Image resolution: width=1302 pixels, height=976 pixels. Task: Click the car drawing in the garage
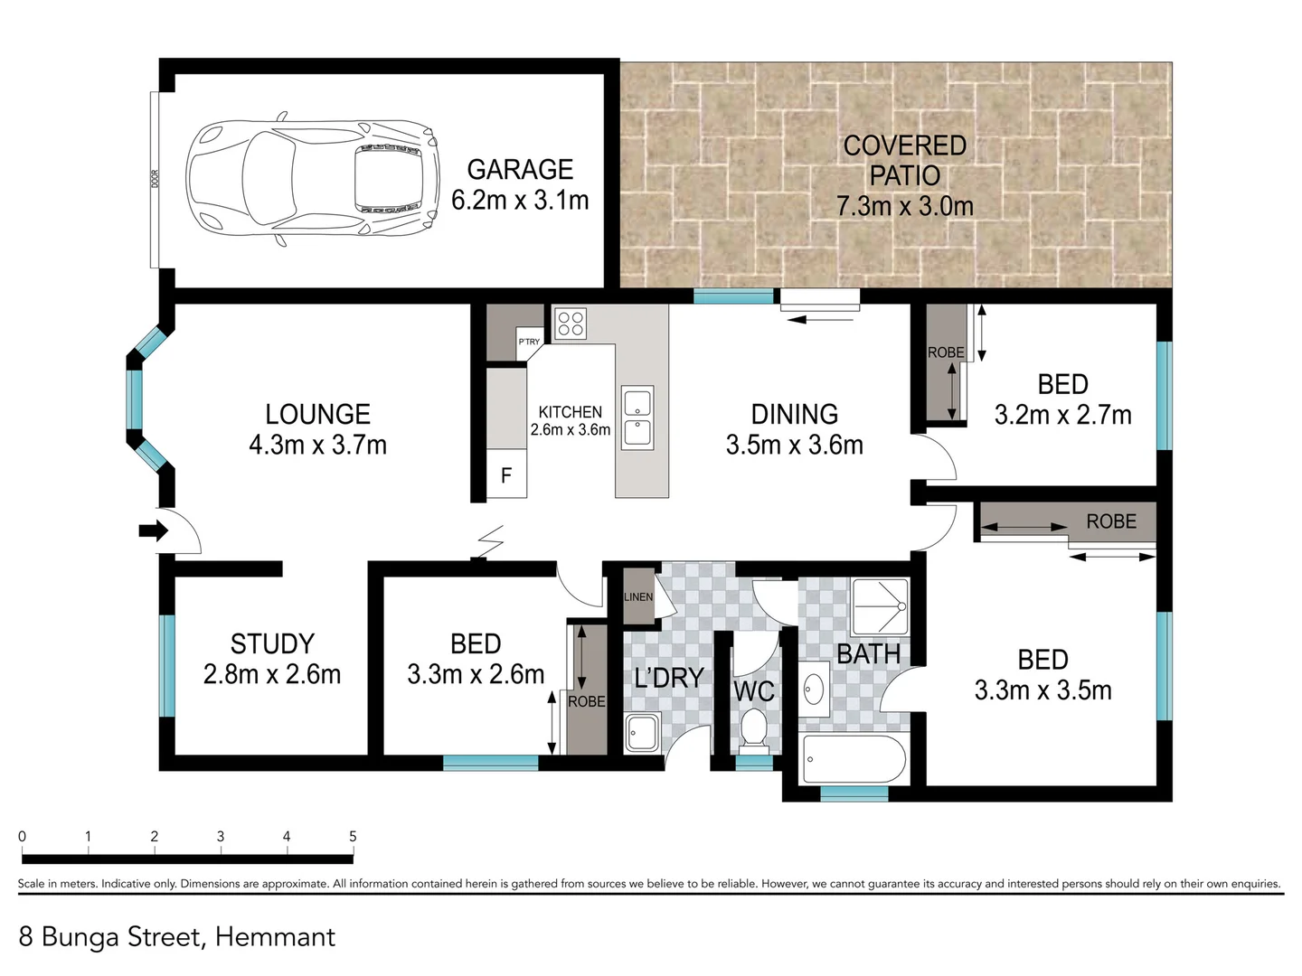tap(313, 180)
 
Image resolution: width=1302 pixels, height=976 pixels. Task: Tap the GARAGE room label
tap(520, 170)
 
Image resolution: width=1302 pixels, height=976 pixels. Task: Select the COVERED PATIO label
tap(904, 160)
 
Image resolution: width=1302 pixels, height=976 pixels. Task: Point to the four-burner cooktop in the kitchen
tap(571, 324)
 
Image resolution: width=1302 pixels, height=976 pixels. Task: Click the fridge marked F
tap(506, 475)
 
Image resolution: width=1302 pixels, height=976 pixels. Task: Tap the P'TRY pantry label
tap(529, 342)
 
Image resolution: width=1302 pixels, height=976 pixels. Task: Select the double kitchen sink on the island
tap(637, 417)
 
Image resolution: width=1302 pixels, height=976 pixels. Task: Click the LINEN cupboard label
tap(638, 597)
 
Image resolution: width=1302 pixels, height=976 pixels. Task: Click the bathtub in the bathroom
tap(852, 759)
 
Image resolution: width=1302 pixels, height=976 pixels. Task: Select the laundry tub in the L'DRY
tap(643, 731)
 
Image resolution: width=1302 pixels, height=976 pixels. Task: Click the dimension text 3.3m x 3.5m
tap(1043, 690)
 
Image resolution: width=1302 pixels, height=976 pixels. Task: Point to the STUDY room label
tap(272, 643)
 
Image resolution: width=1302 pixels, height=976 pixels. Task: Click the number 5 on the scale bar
tap(353, 837)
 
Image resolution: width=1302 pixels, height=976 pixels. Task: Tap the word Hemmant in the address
tap(275, 937)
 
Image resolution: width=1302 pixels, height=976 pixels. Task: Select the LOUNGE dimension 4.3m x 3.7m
tap(317, 445)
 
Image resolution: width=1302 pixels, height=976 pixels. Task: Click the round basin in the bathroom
tap(815, 688)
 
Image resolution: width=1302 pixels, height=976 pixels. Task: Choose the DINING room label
tap(795, 414)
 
